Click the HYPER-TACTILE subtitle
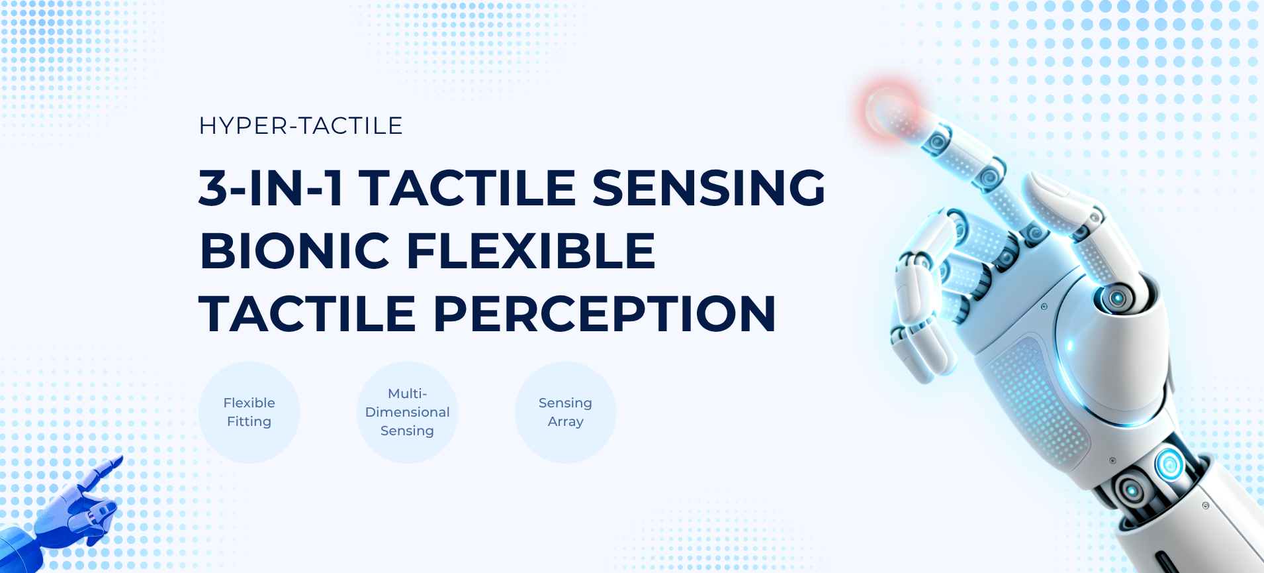(x=300, y=125)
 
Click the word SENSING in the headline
(x=709, y=187)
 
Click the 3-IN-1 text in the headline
(x=271, y=187)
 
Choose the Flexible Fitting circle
(x=249, y=412)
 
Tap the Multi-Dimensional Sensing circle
(x=408, y=412)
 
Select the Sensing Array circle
(x=566, y=412)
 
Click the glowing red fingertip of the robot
(x=890, y=110)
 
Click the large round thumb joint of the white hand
(x=1117, y=297)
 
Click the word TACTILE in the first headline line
(x=468, y=187)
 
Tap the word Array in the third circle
(x=566, y=422)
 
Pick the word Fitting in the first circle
(x=249, y=422)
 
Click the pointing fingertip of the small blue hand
(x=119, y=458)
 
